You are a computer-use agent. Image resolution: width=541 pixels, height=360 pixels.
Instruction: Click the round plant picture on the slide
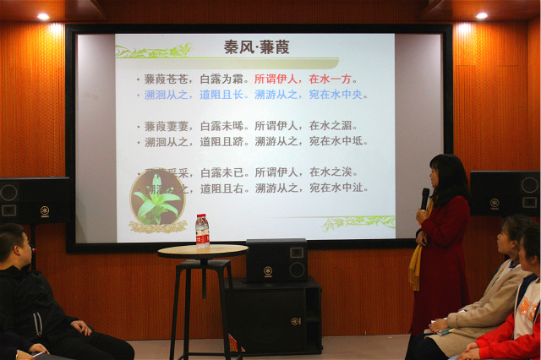click(157, 199)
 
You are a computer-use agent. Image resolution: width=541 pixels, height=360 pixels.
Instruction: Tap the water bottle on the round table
click(202, 231)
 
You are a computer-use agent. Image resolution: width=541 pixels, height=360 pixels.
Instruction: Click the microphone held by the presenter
click(424, 198)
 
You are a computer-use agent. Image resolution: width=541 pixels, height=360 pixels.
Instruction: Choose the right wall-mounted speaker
click(505, 193)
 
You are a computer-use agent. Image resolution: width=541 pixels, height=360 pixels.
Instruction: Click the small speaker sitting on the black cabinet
click(276, 260)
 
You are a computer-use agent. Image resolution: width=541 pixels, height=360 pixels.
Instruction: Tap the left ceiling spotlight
click(43, 16)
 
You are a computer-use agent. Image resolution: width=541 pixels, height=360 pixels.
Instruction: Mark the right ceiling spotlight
click(481, 15)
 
